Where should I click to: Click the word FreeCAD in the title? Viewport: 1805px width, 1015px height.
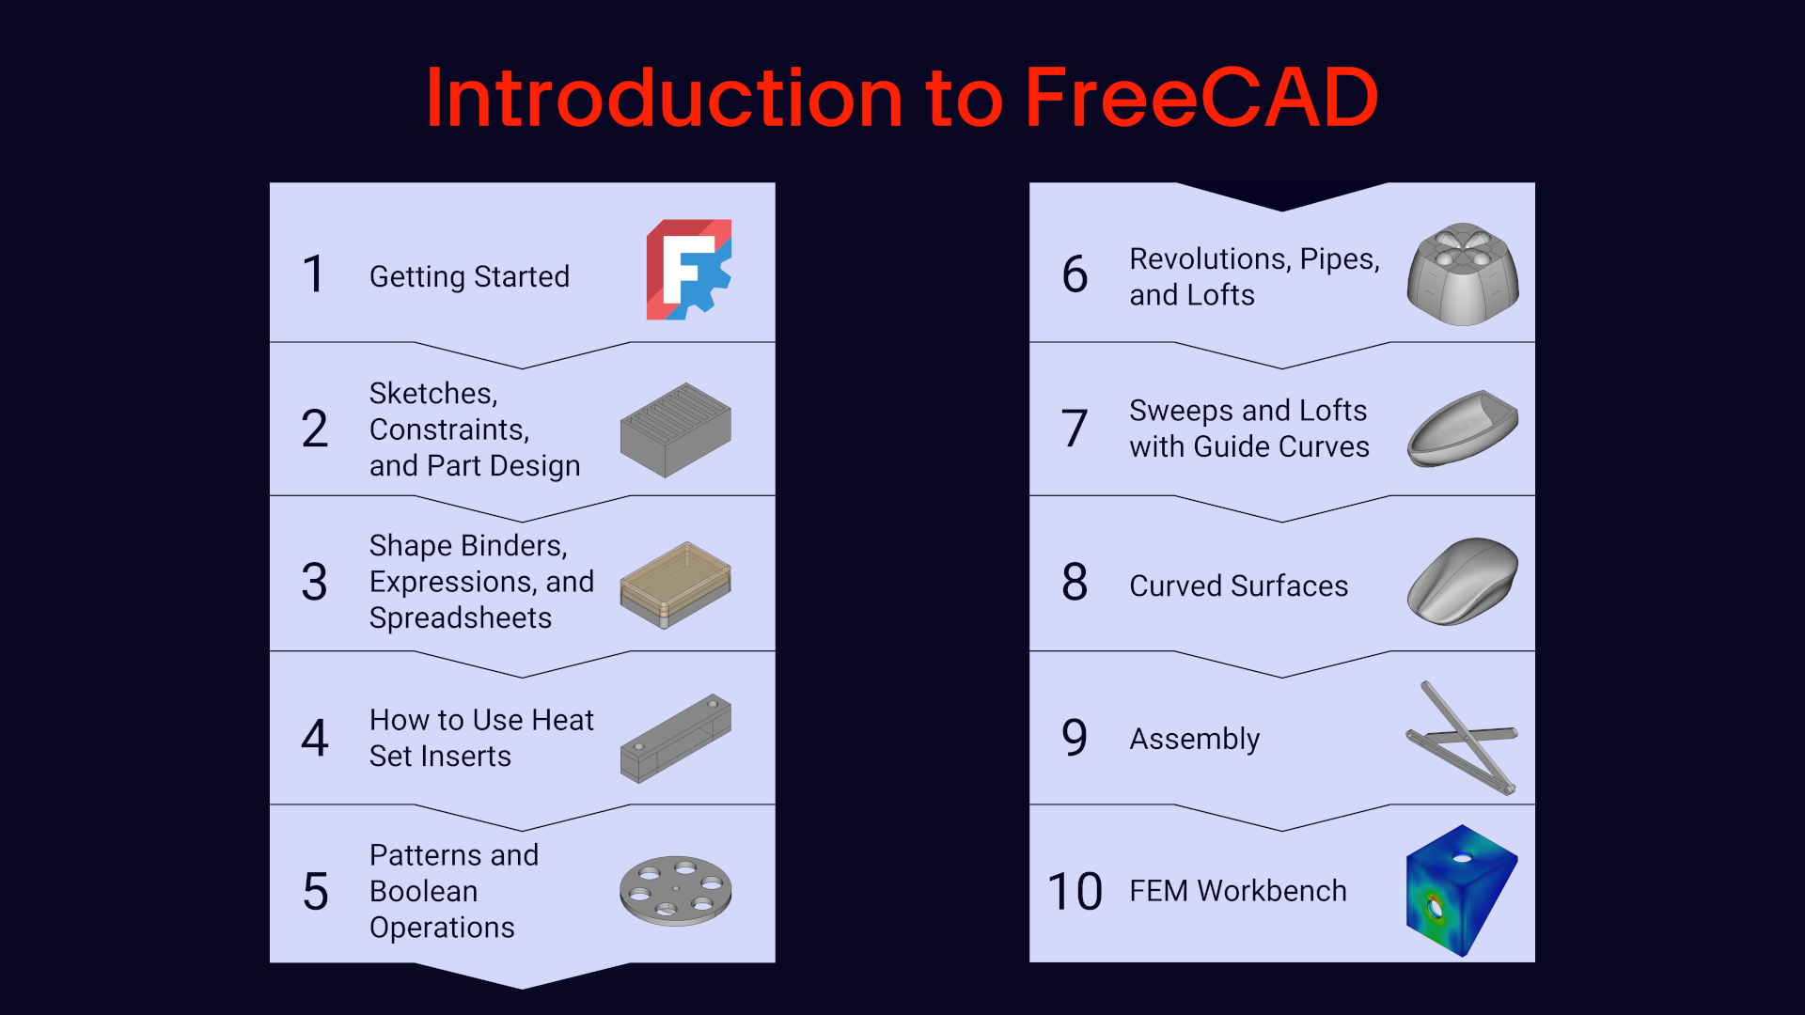(x=1201, y=98)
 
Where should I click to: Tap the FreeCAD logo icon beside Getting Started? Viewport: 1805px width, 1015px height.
(x=689, y=270)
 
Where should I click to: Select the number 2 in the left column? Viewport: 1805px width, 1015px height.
(x=315, y=429)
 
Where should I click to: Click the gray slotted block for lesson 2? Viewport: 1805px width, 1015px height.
(x=676, y=429)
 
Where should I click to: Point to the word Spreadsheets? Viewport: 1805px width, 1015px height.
(x=461, y=617)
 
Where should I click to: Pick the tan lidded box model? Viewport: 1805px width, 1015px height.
(x=676, y=585)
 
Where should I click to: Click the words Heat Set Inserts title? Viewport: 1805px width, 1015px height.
(x=481, y=738)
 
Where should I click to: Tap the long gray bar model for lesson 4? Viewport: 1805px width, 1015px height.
(x=676, y=739)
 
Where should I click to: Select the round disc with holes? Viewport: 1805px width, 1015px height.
(x=676, y=891)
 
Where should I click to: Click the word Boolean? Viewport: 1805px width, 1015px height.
(x=424, y=891)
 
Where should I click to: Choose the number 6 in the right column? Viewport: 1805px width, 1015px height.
(x=1075, y=274)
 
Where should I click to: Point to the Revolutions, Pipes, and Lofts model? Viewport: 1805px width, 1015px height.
(x=1463, y=274)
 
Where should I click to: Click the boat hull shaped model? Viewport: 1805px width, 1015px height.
(x=1463, y=429)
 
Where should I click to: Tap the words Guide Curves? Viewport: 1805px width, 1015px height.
(x=1282, y=446)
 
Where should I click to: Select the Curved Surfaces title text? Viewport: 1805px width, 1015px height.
(x=1239, y=586)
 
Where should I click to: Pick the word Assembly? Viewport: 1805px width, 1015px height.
(x=1195, y=740)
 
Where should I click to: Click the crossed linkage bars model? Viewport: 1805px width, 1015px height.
(x=1463, y=738)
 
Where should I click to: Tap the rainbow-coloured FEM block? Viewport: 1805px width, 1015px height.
(x=1462, y=891)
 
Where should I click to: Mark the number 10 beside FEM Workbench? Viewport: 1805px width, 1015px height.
(x=1075, y=892)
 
